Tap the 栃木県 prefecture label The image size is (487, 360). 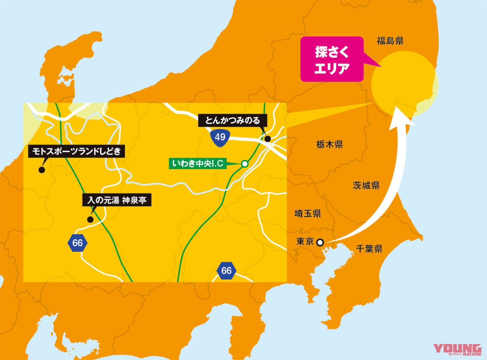pos(329,144)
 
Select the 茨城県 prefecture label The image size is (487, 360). pos(366,185)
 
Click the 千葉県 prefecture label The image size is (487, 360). pos(369,249)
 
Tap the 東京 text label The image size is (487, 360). pos(305,242)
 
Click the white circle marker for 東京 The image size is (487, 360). pos(320,242)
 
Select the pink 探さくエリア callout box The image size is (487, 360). pos(332,59)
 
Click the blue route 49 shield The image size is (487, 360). pos(220,137)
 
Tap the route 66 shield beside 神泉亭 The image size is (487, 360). pos(77,243)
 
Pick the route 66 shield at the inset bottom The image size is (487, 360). pos(226,271)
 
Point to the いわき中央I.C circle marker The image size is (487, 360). pos(245,164)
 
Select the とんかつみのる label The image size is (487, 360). pos(232,121)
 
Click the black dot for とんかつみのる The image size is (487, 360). pos(268,139)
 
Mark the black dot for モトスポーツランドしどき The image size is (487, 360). pos(41,170)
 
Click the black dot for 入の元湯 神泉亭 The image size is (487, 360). pos(90,219)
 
